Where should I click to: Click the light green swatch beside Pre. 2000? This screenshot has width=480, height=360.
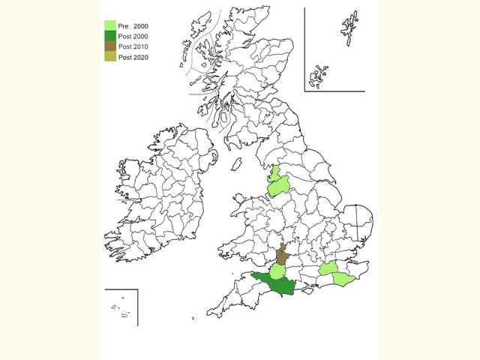(110, 26)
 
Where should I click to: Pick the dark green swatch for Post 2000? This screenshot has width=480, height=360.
(110, 36)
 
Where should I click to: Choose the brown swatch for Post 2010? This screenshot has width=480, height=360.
(110, 46)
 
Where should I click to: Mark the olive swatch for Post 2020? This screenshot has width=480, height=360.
(110, 57)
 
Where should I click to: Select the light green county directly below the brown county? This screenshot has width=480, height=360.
(277, 270)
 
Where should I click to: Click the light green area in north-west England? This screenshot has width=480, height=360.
(277, 184)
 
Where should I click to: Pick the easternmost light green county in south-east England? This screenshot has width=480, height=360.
(342, 279)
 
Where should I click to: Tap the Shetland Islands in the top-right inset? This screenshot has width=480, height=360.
(349, 30)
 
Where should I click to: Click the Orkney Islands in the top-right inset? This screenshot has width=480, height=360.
(321, 75)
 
